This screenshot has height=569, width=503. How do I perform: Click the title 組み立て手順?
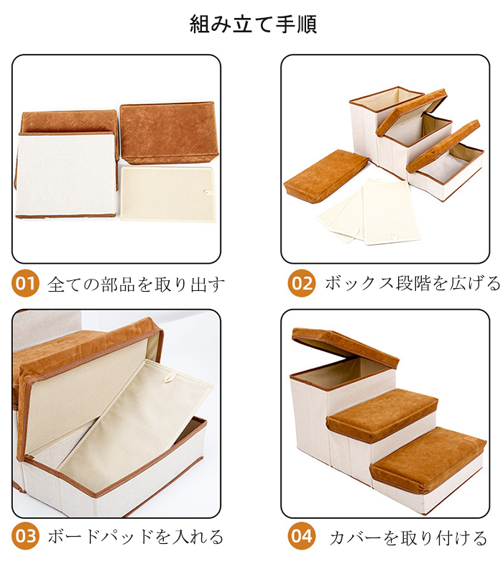[x=254, y=24]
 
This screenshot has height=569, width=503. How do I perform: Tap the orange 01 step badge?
[x=25, y=283]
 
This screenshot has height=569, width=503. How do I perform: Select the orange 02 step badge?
[x=302, y=283]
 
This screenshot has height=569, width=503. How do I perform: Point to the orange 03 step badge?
[x=25, y=537]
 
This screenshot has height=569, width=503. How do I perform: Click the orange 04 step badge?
[x=302, y=537]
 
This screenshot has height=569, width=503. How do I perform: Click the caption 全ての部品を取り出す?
[x=136, y=284]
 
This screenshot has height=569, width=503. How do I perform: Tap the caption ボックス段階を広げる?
[x=412, y=283]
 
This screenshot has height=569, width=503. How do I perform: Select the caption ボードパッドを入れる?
[x=135, y=537]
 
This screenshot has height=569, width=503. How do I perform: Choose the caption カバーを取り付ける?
[x=408, y=538]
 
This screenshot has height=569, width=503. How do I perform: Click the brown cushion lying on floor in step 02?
[x=325, y=175]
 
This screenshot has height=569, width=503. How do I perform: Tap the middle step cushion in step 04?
[x=382, y=413]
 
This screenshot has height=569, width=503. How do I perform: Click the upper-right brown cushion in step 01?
[x=169, y=132]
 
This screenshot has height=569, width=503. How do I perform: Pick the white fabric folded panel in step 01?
[x=66, y=175]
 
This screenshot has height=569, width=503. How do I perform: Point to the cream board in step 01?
[x=167, y=193]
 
